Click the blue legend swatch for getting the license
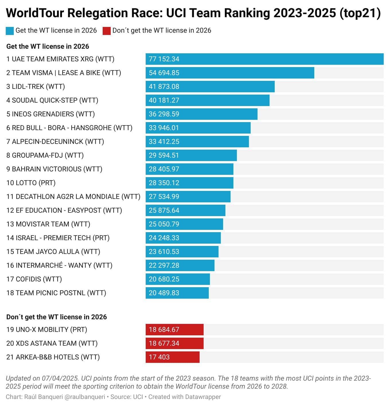pyautogui.click(x=10, y=31)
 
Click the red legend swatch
pyautogui.click(x=107, y=31)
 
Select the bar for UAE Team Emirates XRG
pyautogui.click(x=264, y=59)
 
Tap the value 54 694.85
pyautogui.click(x=164, y=73)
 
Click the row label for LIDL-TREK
pyautogui.click(x=36, y=87)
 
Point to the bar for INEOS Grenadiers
pyautogui.click(x=201, y=114)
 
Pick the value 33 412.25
pyautogui.click(x=164, y=142)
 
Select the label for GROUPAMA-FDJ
pyautogui.click(x=45, y=155)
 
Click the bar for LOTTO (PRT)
pyautogui.click(x=189, y=183)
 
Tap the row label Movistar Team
pyautogui.click(x=48, y=224)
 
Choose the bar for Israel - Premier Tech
pyautogui.click(x=183, y=238)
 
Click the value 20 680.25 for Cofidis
pyautogui.click(x=164, y=279)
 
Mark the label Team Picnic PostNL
pyautogui.click(x=56, y=293)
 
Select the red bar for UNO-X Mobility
pyautogui.click(x=174, y=330)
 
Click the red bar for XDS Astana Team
pyautogui.click(x=174, y=343)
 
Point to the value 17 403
pyautogui.click(x=159, y=357)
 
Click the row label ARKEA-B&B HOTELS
pyautogui.click(x=53, y=357)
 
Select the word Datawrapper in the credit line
pyautogui.click(x=203, y=397)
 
